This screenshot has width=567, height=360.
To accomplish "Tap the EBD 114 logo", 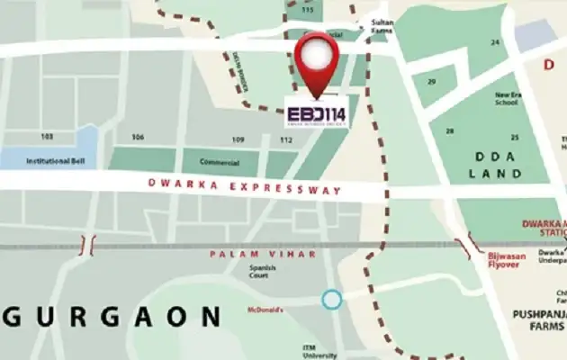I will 317,113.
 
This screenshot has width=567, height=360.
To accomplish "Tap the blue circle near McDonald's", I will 333,299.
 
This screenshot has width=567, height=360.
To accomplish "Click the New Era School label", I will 507,97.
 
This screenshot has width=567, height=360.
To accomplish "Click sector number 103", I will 47,137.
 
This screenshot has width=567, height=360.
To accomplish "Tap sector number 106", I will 138,138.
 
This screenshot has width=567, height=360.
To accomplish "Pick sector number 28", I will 445,131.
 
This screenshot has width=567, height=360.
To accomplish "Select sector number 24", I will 494,42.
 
